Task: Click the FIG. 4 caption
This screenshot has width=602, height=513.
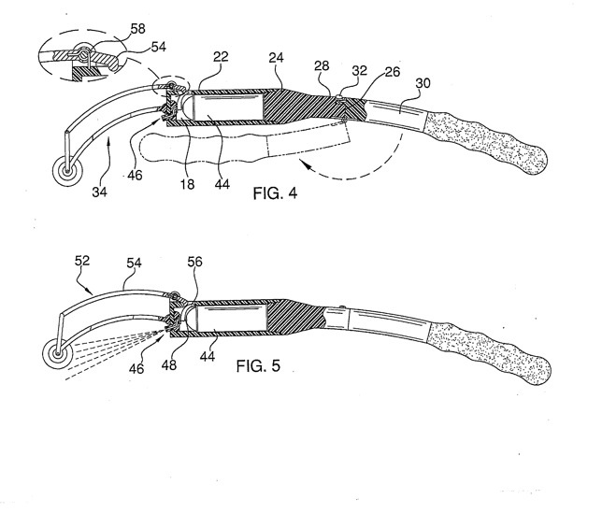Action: click(x=275, y=193)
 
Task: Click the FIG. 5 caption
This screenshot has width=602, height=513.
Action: click(x=258, y=365)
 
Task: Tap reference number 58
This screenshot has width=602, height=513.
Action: click(x=137, y=28)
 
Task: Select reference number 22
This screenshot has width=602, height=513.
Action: click(x=221, y=57)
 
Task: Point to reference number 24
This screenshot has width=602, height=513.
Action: click(x=276, y=58)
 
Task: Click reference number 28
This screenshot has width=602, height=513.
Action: click(x=322, y=66)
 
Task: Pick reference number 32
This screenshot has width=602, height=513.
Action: click(x=359, y=71)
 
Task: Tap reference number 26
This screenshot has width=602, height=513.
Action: click(x=393, y=72)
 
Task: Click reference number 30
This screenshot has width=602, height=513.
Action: click(x=423, y=83)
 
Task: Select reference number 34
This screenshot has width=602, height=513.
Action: click(x=99, y=192)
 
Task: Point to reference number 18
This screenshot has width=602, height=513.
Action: click(x=187, y=185)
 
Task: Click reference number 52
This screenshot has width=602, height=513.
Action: click(x=81, y=261)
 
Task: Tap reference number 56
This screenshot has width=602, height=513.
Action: click(x=194, y=262)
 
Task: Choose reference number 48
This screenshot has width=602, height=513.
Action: click(x=169, y=365)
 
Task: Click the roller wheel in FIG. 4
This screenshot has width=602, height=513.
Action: click(x=68, y=171)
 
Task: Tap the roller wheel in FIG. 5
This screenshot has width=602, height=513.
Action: click(x=58, y=354)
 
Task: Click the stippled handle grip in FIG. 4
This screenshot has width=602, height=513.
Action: click(x=484, y=141)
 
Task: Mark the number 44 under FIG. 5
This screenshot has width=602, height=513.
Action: click(x=208, y=356)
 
